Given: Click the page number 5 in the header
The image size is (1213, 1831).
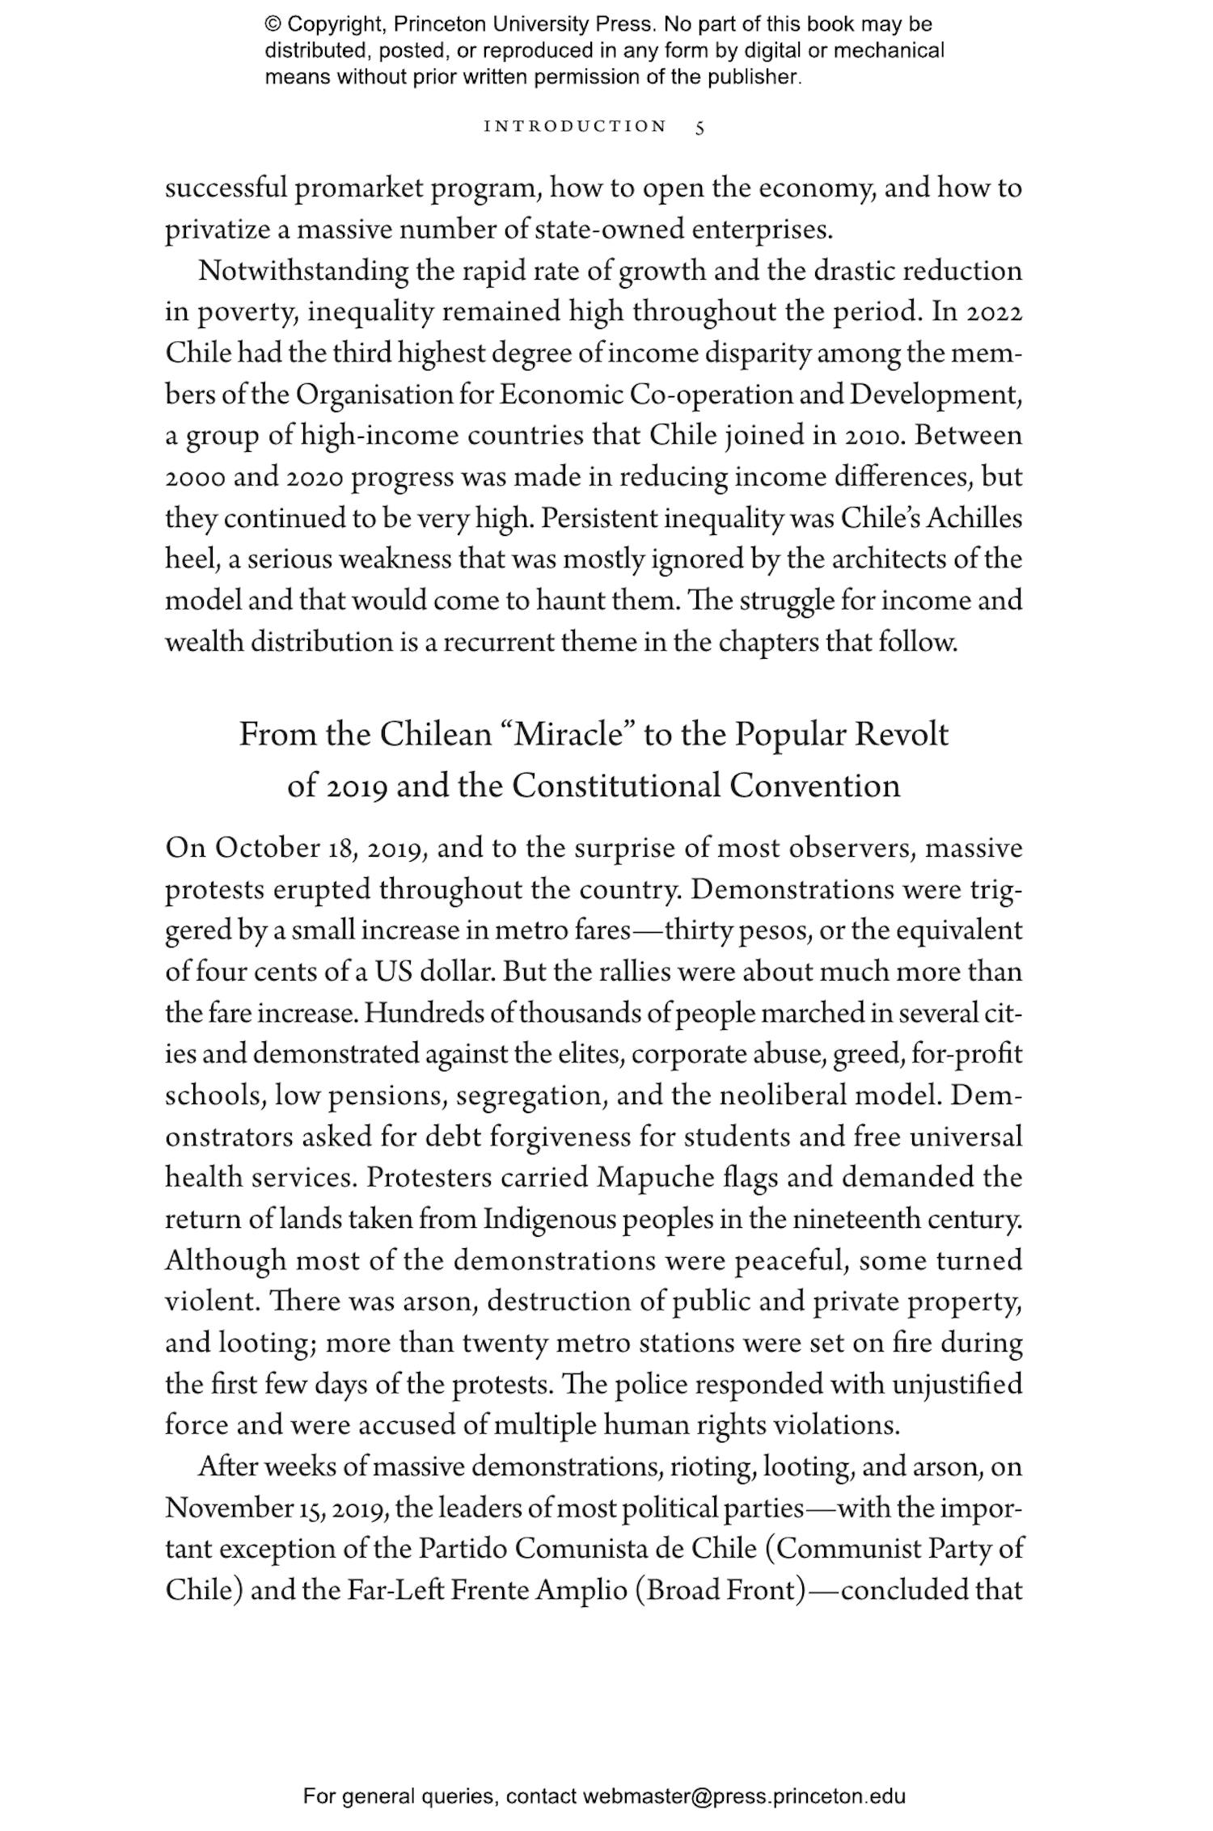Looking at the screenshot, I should click(x=700, y=127).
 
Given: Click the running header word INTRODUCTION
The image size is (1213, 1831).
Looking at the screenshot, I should click(x=575, y=127).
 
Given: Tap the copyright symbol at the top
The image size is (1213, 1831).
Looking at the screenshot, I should click(x=272, y=25).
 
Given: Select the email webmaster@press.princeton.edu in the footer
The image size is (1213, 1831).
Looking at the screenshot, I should click(x=743, y=1796).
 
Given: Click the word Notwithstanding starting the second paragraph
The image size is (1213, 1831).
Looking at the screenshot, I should click(x=303, y=271).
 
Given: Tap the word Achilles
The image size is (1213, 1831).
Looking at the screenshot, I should click(x=974, y=518).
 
